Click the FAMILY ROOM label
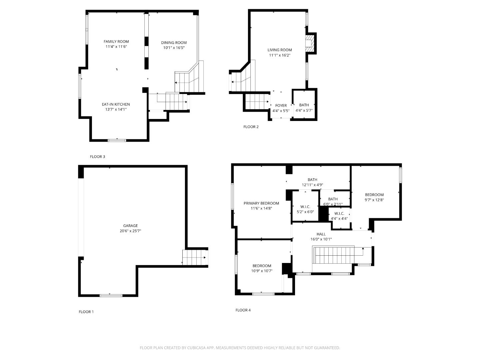(116, 42)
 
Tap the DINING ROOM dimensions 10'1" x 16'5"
(174, 48)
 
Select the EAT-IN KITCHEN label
(116, 104)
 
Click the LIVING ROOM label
(279, 50)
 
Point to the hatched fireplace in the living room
(310, 43)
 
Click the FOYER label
(281, 106)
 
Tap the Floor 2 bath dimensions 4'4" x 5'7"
(304, 111)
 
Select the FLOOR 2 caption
(251, 127)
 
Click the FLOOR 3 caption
(97, 157)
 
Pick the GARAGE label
(130, 226)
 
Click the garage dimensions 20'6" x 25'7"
(130, 231)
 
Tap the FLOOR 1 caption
(86, 312)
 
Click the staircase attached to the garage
(195, 257)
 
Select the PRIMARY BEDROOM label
(261, 203)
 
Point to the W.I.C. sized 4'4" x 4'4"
(339, 216)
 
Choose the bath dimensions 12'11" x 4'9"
(312, 185)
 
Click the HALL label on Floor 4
(321, 234)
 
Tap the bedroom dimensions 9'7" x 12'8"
(374, 200)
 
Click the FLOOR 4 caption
(243, 310)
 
